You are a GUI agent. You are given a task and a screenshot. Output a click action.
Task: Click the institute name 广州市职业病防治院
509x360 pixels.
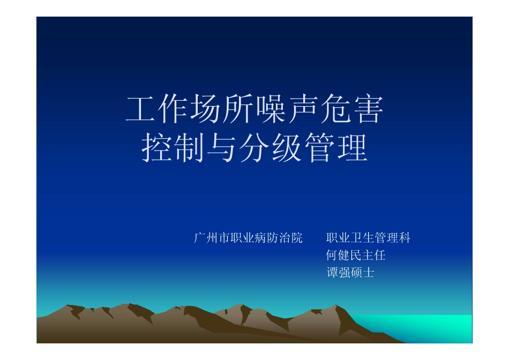coord(248,238)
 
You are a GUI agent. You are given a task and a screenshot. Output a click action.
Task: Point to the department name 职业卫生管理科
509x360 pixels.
coord(368,238)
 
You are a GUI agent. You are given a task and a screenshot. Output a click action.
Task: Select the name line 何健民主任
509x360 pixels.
coord(356,256)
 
